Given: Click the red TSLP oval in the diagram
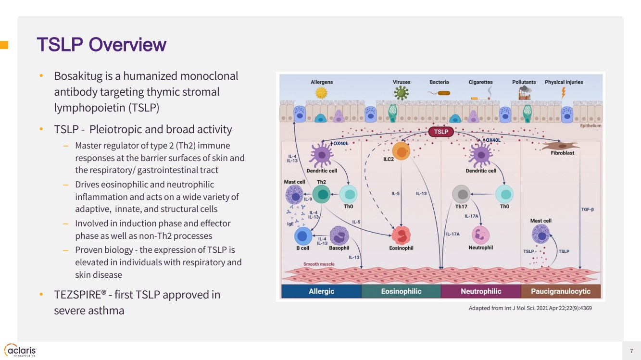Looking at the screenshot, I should coord(441,132).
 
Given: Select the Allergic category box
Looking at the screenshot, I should coord(321,291).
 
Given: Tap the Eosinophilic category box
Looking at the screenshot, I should coord(401,291).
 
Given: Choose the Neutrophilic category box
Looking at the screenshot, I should coord(481,291).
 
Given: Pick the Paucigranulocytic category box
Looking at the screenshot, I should coord(561,291).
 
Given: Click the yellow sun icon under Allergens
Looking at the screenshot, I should coord(322,93).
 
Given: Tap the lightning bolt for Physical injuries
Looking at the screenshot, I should coord(564,92).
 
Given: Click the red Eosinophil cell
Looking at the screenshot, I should coord(401,236).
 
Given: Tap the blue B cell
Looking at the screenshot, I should coord(302,236).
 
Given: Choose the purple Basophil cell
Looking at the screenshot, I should coord(339,236).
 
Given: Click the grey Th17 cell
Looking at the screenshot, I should coord(462,195).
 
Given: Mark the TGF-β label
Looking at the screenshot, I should coord(588,210).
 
